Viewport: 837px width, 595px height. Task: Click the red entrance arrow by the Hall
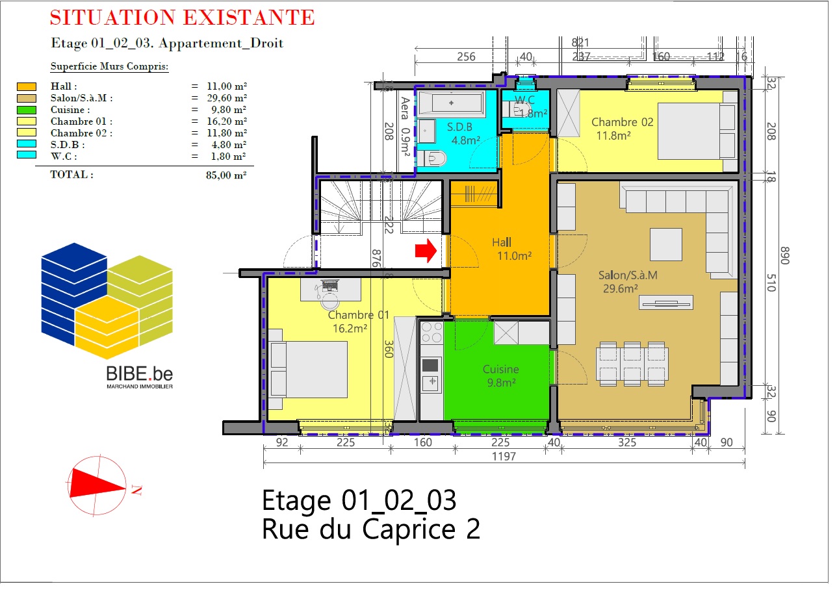pyautogui.click(x=426, y=251)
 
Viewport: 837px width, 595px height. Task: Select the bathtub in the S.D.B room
pyautogui.click(x=451, y=103)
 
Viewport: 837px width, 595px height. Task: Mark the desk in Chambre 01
pyautogui.click(x=331, y=289)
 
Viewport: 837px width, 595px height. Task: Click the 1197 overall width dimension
pyautogui.click(x=504, y=457)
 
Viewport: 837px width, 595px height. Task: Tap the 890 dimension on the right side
pyautogui.click(x=785, y=255)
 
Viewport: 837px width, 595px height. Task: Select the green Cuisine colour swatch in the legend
pyautogui.click(x=27, y=110)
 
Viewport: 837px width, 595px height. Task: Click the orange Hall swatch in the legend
pyautogui.click(x=27, y=86)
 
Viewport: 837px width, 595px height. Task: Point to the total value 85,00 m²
pyautogui.click(x=226, y=175)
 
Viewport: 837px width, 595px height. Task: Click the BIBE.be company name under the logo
pyautogui.click(x=139, y=373)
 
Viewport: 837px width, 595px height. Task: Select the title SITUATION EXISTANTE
pyautogui.click(x=183, y=18)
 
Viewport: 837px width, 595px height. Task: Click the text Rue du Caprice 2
pyautogui.click(x=371, y=529)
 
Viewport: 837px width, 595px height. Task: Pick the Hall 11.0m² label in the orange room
pyautogui.click(x=511, y=249)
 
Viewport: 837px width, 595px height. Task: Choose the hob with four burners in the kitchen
pyautogui.click(x=431, y=333)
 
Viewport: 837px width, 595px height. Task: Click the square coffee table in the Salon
pyautogui.click(x=666, y=244)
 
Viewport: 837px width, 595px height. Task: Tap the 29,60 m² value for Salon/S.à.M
pyautogui.click(x=227, y=98)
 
